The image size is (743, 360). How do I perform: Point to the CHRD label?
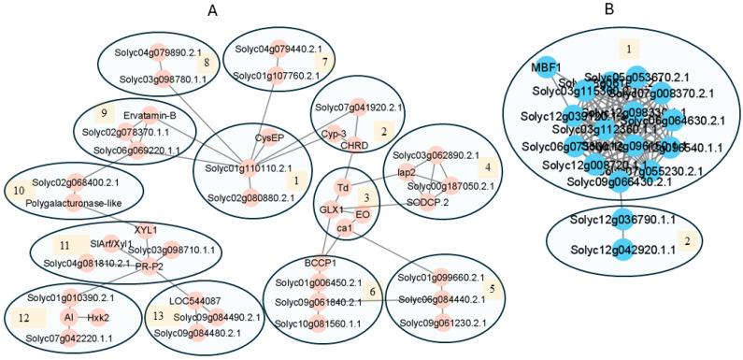353,145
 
